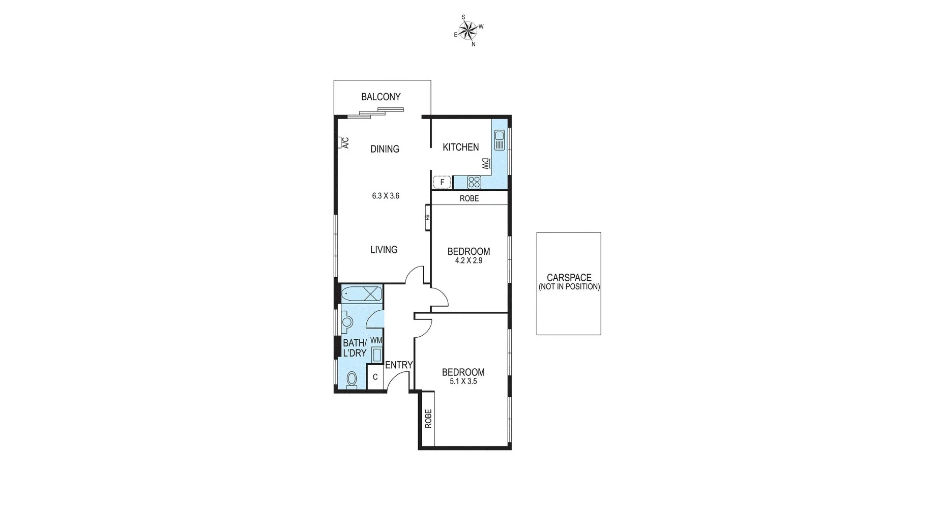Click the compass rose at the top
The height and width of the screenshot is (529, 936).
[469, 31]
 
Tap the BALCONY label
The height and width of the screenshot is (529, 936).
[381, 97]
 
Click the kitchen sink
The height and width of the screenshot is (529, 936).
[499, 140]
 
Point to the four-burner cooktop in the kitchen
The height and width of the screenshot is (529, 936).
[474, 182]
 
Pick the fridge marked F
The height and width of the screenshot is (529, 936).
[442, 182]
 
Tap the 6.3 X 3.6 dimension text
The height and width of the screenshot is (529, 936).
[386, 196]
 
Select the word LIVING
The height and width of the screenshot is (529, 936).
[384, 250]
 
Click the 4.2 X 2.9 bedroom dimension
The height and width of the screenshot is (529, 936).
[469, 260]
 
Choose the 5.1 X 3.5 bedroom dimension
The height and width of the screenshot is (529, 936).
[463, 381]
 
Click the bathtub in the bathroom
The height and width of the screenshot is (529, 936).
[361, 294]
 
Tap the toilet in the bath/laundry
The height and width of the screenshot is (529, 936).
[352, 379]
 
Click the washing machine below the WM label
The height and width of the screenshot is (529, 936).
[377, 355]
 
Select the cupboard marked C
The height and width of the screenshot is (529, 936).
[375, 377]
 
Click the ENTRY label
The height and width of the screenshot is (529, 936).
[399, 365]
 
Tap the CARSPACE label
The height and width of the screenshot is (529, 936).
[569, 278]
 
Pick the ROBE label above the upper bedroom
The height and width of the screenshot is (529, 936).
[469, 198]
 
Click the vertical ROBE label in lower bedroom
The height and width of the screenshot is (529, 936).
[428, 419]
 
